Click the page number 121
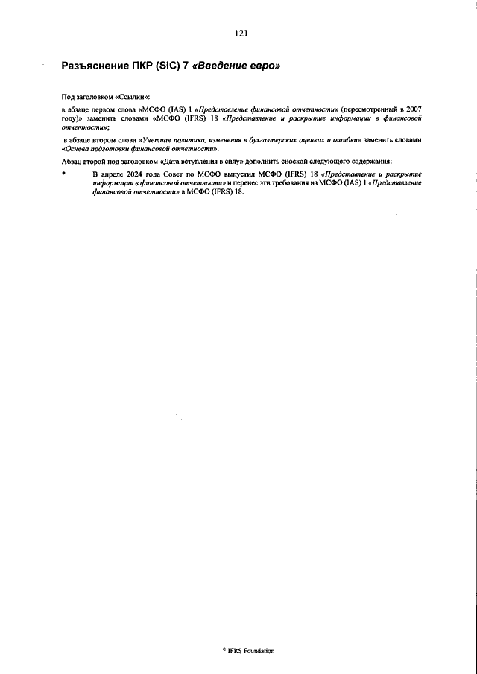point(240,34)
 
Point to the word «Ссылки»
point(132,98)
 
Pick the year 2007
point(413,109)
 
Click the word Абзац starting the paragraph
point(72,162)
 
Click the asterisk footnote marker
point(64,174)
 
